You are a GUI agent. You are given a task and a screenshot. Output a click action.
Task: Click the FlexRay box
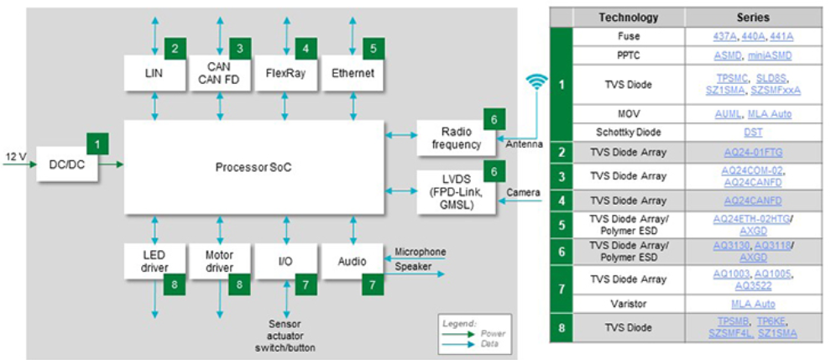point(285,73)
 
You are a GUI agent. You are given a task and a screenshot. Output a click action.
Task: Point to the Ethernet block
point(351,73)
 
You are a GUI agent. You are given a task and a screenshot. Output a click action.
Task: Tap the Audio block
point(351,261)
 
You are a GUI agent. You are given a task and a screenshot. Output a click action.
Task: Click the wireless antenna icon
point(536,82)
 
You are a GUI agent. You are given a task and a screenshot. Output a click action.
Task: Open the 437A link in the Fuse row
point(723,37)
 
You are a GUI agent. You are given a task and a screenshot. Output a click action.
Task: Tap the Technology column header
point(628,18)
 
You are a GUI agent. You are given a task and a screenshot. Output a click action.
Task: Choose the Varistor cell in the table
point(628,304)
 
